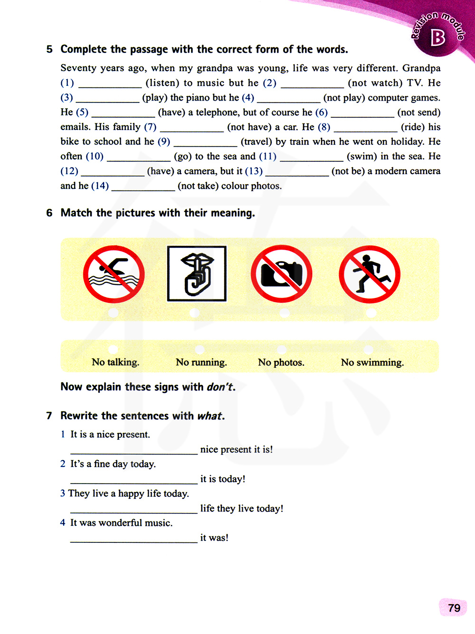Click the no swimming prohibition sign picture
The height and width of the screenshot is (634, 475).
[114, 274]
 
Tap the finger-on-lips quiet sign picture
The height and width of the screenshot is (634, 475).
[197, 273]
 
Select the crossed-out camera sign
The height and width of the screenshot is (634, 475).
[282, 274]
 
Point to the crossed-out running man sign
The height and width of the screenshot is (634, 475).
[370, 274]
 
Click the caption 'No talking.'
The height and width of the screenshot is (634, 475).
[115, 363]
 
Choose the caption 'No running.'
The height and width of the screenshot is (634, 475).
[201, 363]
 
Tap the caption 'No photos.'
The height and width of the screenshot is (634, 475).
[281, 363]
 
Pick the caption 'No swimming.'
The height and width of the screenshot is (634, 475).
[372, 363]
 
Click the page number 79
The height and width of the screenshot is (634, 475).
[454, 608]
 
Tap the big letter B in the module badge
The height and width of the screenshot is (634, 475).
[437, 38]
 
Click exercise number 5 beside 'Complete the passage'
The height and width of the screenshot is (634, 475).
[49, 49]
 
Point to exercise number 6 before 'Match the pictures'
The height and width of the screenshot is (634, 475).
[49, 213]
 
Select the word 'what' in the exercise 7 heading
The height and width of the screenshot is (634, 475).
[209, 416]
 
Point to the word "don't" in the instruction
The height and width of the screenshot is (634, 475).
[219, 387]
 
